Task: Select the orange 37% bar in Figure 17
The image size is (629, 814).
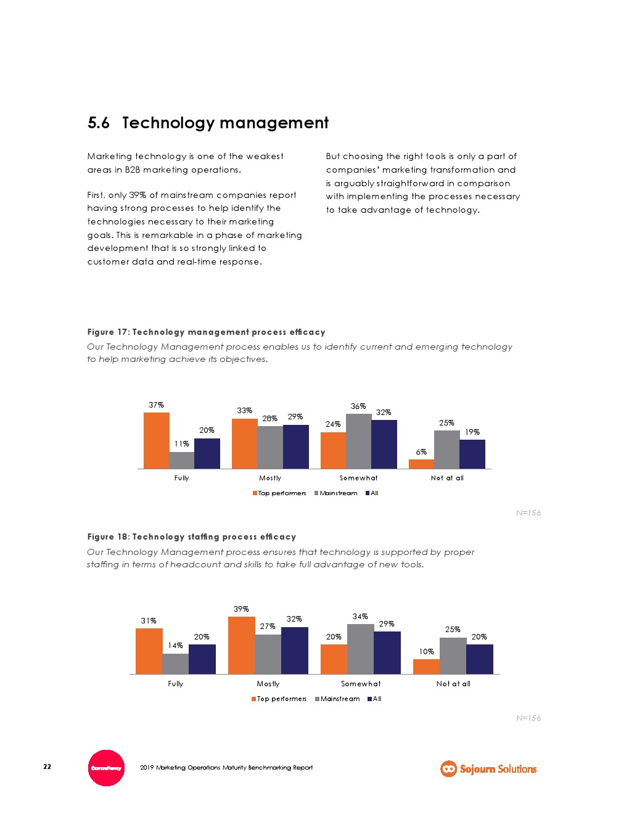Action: coord(156,440)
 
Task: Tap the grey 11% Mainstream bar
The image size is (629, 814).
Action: coord(181,460)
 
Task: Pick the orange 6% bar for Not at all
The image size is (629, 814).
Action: coord(421,464)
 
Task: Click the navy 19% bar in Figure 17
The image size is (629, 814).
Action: coord(472,454)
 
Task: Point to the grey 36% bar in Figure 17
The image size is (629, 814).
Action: coord(358,441)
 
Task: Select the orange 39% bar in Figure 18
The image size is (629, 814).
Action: coord(241,645)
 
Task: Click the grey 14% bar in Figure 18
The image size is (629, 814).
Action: coord(175,664)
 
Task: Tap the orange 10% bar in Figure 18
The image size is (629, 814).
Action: coord(426,667)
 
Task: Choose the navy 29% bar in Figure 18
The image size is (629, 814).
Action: coord(387,652)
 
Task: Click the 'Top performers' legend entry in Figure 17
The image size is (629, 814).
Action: coord(279,493)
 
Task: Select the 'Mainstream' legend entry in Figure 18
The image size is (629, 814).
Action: coord(337,699)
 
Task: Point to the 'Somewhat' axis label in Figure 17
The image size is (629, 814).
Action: coord(358,478)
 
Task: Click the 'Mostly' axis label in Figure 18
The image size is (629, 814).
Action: coord(268,684)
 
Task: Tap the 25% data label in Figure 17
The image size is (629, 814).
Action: coord(446,423)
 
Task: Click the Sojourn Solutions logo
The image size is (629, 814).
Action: coord(488,768)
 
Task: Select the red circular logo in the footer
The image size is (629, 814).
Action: coord(107,768)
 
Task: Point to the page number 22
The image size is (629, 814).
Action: coord(47,767)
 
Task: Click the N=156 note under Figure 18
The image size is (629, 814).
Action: coord(528,718)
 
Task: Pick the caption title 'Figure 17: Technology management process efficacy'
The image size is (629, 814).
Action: coord(206,332)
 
